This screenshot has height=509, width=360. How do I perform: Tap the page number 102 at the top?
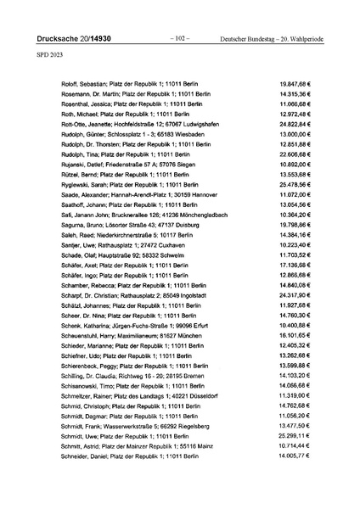(179, 39)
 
